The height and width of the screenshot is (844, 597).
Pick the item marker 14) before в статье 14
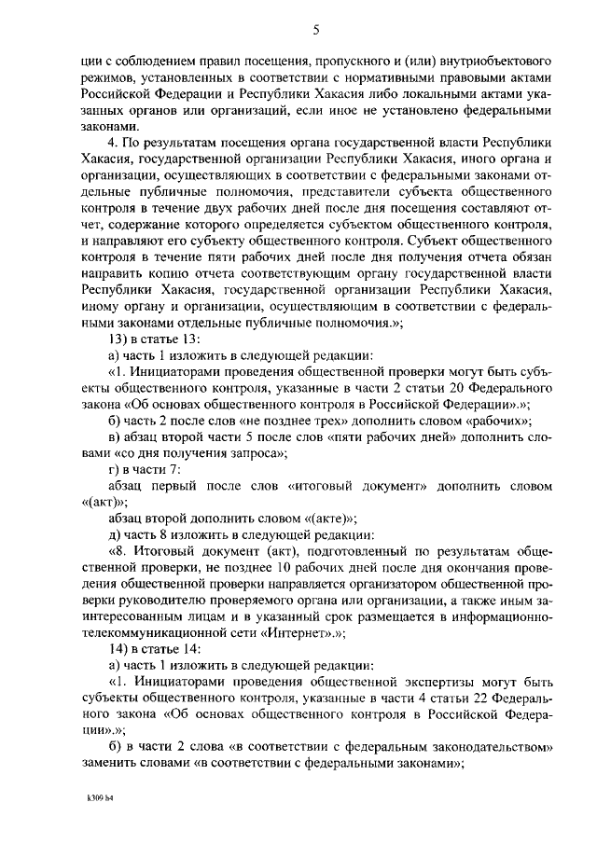click(x=118, y=649)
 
